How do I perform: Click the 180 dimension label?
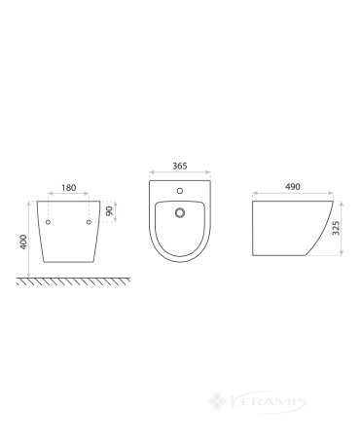tap(69, 188)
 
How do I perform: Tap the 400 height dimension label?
tap(23, 242)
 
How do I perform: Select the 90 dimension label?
tap(110, 210)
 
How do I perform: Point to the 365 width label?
tap(180, 166)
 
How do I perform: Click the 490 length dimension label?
tap(293, 187)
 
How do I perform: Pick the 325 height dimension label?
tap(336, 228)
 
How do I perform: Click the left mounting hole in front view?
tap(48, 222)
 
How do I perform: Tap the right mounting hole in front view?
tap(89, 222)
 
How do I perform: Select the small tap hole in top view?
tap(180, 191)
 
